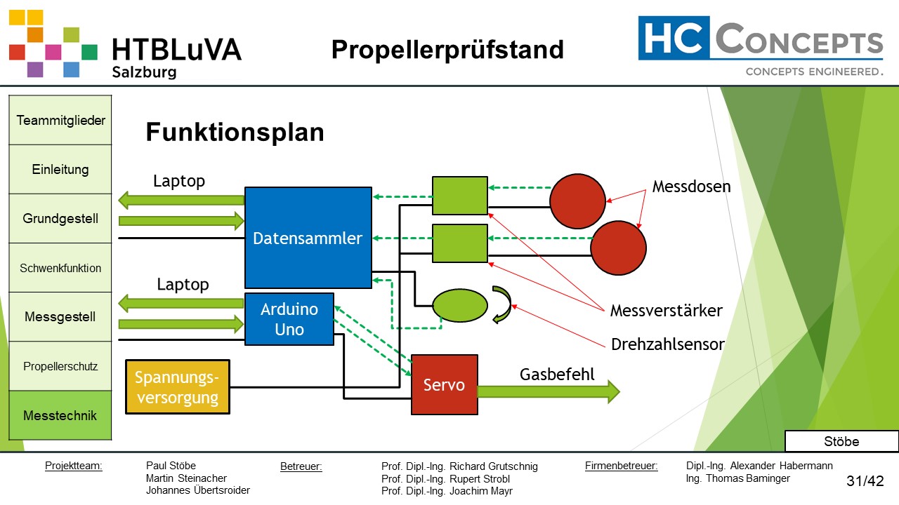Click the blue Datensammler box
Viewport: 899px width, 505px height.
308,238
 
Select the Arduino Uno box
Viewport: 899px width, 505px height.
289,319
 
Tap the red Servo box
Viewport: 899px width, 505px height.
444,385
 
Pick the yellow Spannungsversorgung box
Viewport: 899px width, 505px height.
177,387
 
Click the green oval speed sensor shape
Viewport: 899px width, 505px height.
459,306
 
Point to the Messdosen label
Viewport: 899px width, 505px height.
691,187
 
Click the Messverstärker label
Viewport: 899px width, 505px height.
666,311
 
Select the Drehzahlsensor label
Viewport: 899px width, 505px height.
667,344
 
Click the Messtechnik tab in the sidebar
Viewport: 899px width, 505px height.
60,415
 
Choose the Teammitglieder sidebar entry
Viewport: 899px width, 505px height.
60,120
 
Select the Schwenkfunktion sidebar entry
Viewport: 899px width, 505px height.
60,268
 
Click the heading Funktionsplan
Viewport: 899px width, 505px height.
235,132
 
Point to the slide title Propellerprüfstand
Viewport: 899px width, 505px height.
447,50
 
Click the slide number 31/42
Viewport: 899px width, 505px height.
865,481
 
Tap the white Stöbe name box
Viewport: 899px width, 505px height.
841,441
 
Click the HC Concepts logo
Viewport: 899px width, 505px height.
760,46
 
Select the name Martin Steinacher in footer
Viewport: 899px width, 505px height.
186,478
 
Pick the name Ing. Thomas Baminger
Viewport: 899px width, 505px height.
737,478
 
